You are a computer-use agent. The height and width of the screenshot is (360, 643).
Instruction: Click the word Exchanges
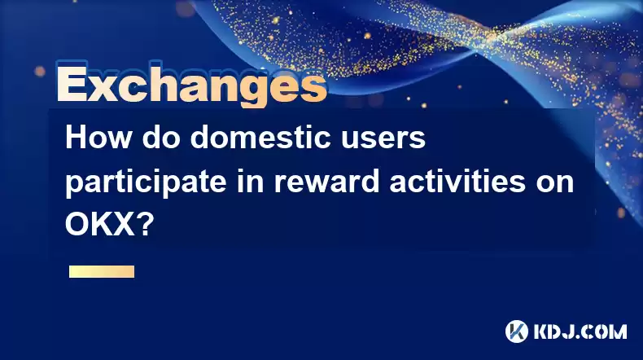(x=191, y=85)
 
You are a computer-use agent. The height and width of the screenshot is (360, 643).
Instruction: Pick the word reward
(x=326, y=182)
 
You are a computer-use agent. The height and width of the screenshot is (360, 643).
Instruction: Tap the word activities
(x=457, y=181)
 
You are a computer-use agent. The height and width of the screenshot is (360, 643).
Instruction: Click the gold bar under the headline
(x=102, y=271)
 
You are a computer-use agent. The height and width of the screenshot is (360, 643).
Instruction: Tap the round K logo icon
(x=517, y=331)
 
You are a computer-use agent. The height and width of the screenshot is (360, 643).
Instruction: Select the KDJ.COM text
(x=580, y=331)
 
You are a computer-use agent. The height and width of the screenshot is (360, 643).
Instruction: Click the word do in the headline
(x=161, y=138)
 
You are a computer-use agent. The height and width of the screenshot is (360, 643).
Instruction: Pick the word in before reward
(x=250, y=182)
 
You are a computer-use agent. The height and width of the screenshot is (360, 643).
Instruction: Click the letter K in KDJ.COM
(x=541, y=331)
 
